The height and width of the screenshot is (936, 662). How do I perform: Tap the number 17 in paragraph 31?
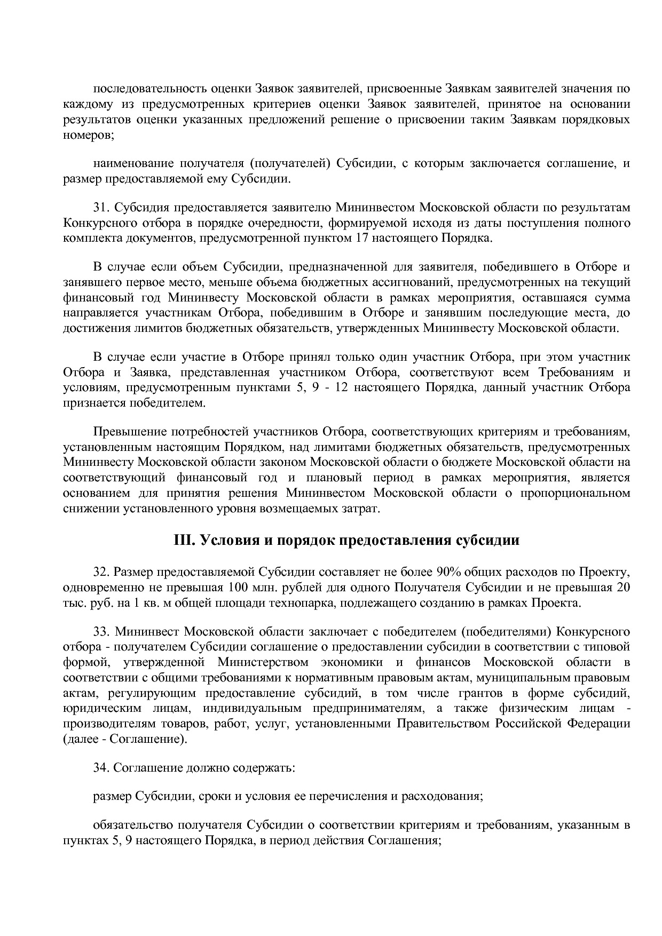[361, 238]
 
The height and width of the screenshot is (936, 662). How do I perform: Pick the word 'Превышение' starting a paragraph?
[125, 431]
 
